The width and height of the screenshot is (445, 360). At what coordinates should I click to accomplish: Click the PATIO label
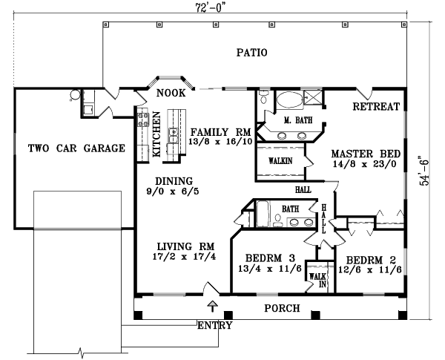pos(251,53)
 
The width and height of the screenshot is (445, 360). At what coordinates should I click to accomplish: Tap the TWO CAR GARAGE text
pos(76,148)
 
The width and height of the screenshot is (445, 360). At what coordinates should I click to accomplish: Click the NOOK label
pos(170,94)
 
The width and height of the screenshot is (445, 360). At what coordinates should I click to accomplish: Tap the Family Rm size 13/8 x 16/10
pos(221,140)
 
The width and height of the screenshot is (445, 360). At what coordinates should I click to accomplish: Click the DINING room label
pos(174,180)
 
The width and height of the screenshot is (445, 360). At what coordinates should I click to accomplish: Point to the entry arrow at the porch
pos(214,305)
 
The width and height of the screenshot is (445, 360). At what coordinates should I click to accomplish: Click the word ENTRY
pos(215,325)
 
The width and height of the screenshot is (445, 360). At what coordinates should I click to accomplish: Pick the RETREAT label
pos(376,107)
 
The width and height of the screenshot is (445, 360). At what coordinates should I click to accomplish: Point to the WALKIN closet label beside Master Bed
pos(280,160)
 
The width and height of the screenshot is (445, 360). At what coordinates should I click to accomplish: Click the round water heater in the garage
pos(74,95)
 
